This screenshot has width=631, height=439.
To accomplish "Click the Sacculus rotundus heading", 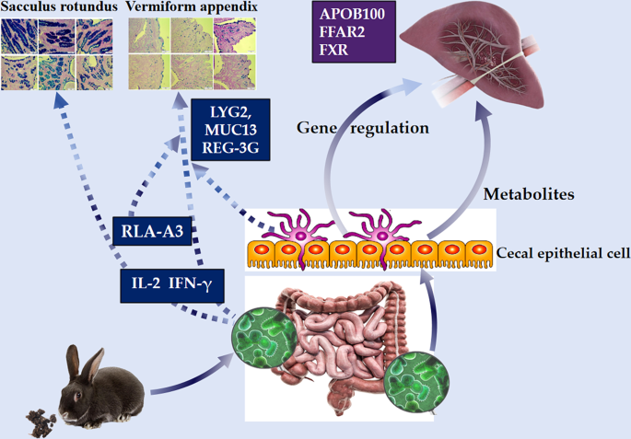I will point(58,8).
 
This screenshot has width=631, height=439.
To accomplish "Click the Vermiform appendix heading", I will point(191,8).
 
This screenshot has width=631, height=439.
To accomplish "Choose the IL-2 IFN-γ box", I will point(170,284).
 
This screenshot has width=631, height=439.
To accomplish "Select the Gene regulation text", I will point(362,128).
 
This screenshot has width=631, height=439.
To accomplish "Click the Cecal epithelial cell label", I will point(562,253).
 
